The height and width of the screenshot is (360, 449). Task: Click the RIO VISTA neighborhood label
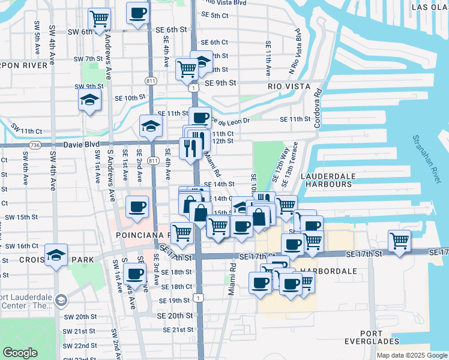[289, 86]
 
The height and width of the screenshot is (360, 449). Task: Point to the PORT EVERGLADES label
[372, 337]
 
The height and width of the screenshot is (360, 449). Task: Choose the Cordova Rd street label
[318, 109]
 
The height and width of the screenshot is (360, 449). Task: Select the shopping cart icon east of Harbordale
[399, 241]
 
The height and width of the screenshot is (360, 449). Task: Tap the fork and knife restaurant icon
[190, 148]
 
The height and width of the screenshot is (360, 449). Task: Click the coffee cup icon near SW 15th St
[137, 206]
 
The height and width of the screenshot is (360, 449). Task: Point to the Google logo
[20, 353]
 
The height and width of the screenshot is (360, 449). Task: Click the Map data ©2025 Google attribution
[411, 355]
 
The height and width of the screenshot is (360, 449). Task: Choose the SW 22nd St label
[81, 346]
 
